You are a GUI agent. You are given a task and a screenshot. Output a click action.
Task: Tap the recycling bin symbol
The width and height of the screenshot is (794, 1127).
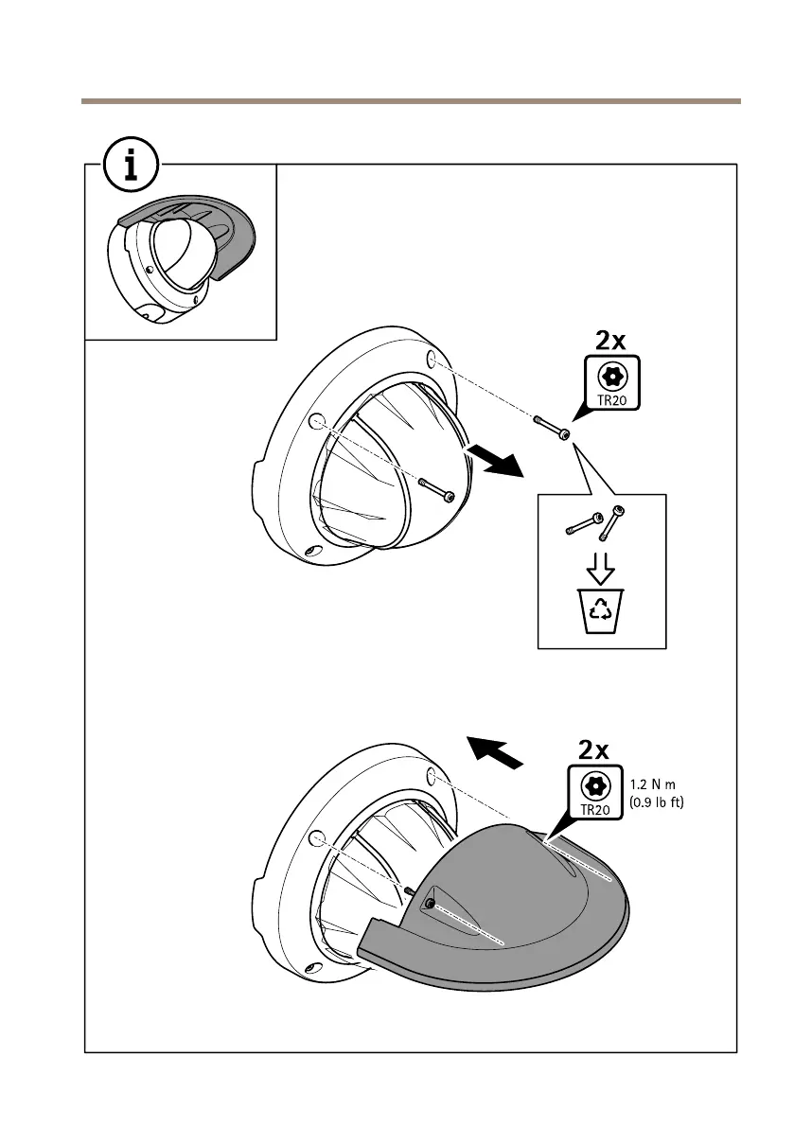click(x=601, y=609)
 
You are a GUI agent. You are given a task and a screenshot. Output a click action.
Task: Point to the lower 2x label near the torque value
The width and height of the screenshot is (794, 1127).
click(x=593, y=750)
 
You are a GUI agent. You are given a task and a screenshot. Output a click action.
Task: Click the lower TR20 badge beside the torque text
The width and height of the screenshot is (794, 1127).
click(x=593, y=793)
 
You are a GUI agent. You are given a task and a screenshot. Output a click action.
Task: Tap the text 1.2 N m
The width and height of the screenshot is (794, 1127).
click(x=656, y=784)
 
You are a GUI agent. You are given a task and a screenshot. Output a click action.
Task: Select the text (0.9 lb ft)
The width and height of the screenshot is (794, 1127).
click(x=656, y=802)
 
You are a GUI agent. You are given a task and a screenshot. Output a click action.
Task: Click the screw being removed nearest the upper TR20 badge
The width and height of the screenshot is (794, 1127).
click(x=552, y=427)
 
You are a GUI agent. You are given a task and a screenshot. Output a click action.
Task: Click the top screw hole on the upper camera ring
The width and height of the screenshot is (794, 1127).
click(x=432, y=360)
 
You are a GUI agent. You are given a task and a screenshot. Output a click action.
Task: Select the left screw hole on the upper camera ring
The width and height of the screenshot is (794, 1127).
click(x=317, y=421)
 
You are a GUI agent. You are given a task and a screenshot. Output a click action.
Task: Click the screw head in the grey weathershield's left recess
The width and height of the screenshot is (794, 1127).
click(x=430, y=905)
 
